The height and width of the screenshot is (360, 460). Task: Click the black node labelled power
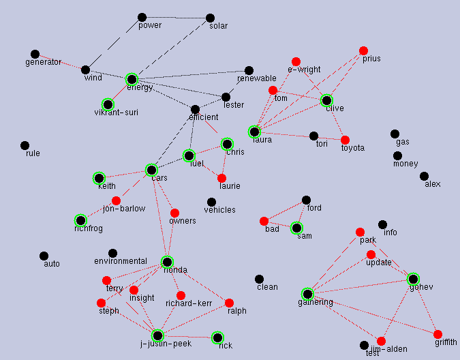coord(142,17)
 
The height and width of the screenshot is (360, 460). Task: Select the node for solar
coord(210,18)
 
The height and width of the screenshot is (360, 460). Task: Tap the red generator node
coord(35,54)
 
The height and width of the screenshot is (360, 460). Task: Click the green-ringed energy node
coord(132,79)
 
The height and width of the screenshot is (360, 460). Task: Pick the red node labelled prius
coord(363,50)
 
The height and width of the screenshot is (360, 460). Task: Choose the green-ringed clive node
coord(326,100)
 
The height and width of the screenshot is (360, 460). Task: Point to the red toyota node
coord(345,140)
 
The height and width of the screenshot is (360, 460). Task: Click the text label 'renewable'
coord(256,78)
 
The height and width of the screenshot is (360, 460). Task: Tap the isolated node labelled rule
coord(25,145)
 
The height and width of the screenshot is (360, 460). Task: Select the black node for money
coord(397,155)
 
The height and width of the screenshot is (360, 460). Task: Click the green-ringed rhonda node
coord(167,261)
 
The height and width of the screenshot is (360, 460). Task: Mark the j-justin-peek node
coord(157,335)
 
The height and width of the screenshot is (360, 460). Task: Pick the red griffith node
coord(438,334)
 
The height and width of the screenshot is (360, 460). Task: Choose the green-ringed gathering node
coord(307,294)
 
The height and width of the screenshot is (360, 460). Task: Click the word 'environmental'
coord(120,261)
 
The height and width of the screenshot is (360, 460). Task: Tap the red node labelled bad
coord(264,221)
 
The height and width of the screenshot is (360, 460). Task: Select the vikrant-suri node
coord(107,104)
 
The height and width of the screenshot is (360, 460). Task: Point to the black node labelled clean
coord(259,279)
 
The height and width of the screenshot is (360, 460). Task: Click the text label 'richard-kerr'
coord(188,303)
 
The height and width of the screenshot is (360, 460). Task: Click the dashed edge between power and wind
coord(114,43)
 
